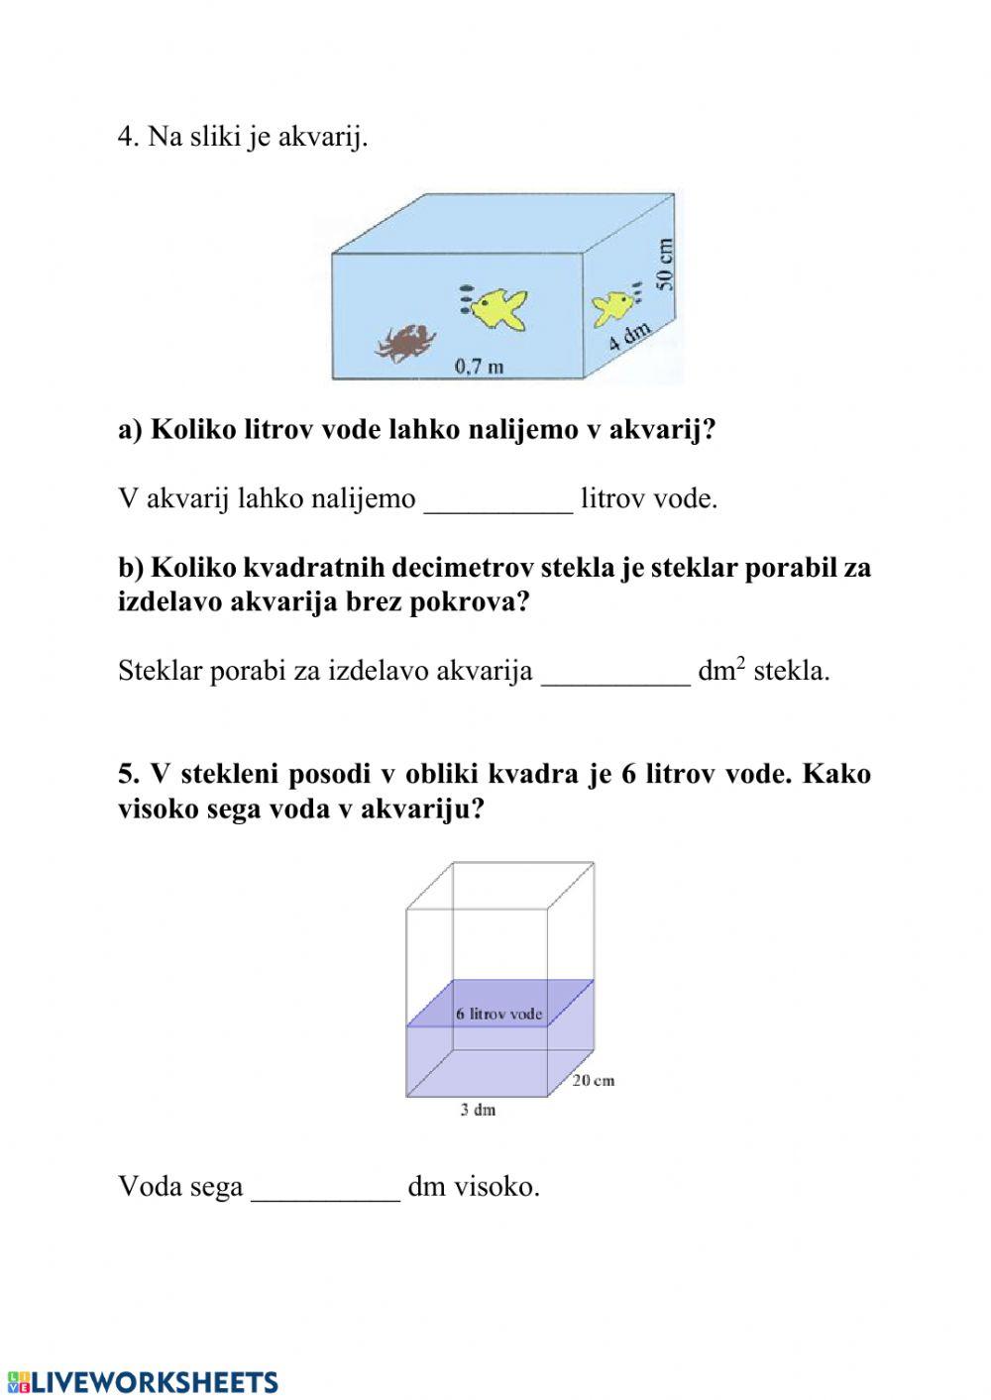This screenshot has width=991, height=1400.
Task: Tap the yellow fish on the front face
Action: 499,307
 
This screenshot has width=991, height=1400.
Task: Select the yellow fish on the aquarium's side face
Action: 612,306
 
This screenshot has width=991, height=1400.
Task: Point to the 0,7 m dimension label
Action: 479,367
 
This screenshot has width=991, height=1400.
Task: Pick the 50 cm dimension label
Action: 664,264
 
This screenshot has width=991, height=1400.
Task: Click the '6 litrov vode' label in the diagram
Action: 498,1014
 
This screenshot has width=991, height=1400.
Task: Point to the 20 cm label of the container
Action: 593,1080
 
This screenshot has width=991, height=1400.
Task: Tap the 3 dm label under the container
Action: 478,1110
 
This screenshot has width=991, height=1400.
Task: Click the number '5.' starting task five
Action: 130,774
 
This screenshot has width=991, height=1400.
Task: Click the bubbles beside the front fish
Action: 464,298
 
